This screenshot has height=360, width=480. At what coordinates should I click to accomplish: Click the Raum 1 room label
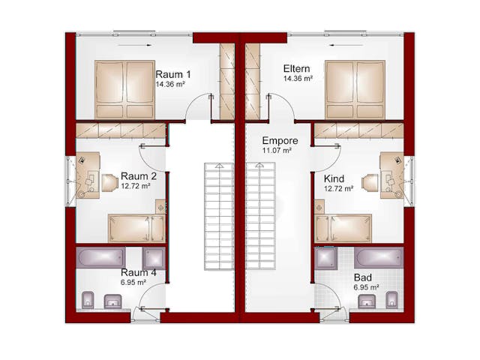tap(173, 74)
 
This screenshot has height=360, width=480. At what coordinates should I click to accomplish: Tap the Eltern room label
tap(296, 68)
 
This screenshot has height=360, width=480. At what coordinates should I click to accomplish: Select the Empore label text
tap(280, 141)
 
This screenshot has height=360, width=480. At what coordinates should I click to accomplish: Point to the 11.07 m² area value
tap(277, 151)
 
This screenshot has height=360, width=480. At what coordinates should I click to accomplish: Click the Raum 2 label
tap(139, 176)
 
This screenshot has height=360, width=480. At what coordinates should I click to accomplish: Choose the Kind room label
tap(334, 178)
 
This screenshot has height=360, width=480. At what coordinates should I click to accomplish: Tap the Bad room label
tap(363, 277)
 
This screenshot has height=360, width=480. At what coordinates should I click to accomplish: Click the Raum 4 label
tap(139, 272)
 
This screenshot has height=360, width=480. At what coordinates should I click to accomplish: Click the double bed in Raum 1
tap(124, 89)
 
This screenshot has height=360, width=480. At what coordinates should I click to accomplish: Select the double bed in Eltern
tap(355, 89)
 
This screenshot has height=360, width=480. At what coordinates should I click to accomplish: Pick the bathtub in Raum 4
tap(100, 258)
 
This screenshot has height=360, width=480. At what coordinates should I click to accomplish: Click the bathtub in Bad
tap(379, 258)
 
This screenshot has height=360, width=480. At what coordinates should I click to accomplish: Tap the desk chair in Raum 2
tap(110, 183)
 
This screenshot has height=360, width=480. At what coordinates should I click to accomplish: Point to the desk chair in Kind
tap(370, 183)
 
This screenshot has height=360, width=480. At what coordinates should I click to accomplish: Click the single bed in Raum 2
tap(136, 228)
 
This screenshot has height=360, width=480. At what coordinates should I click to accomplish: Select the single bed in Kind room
tap(343, 228)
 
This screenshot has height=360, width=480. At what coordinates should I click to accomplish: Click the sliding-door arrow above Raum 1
tap(135, 45)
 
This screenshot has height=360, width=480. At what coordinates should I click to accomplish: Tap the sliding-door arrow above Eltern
tap(346, 45)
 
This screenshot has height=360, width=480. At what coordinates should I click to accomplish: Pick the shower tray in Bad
tap(326, 258)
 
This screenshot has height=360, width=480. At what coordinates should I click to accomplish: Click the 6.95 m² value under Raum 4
tap(133, 282)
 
